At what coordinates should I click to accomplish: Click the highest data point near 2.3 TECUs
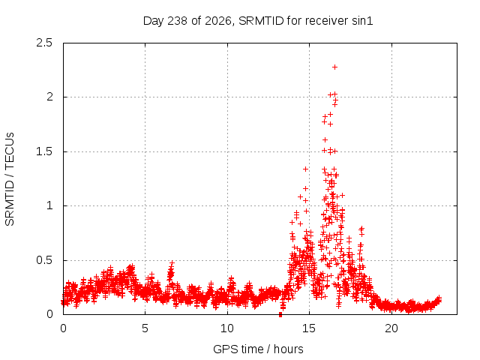[335, 67]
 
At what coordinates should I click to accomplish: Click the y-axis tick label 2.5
[44, 43]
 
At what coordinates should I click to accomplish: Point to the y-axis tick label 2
[50, 97]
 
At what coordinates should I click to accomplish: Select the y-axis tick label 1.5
[44, 151]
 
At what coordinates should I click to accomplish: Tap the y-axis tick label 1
[50, 205]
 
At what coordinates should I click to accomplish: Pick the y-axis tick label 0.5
[44, 260]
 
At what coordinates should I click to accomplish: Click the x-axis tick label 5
[145, 328]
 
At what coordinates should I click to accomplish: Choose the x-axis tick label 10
[227, 328]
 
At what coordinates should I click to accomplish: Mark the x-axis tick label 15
[309, 328]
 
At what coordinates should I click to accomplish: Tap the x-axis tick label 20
[391, 328]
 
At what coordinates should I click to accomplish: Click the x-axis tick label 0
[63, 328]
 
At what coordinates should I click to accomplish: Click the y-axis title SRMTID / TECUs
[10, 179]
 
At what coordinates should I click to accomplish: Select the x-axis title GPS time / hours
[258, 349]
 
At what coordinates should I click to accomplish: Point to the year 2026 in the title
[218, 21]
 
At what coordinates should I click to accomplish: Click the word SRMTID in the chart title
[261, 21]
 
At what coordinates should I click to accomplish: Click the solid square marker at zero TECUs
[280, 315]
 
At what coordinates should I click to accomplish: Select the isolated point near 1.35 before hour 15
[305, 169]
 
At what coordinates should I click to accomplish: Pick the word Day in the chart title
[153, 22]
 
